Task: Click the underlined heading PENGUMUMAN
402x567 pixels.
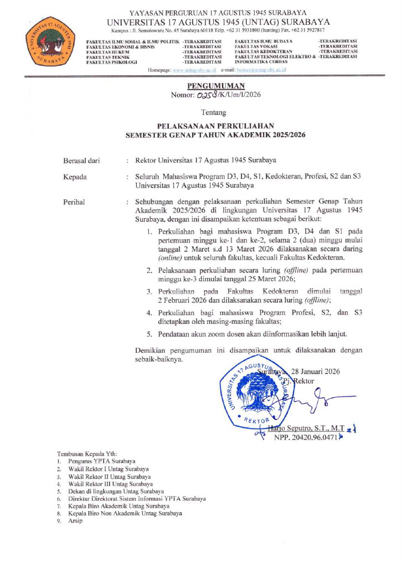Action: pyautogui.click(x=208, y=86)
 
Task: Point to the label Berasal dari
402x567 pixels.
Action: pyautogui.click(x=82, y=161)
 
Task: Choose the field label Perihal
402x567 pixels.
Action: pyautogui.click(x=75, y=202)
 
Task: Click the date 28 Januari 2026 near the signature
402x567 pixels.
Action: pyautogui.click(x=316, y=372)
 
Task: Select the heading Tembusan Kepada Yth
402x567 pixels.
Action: pyautogui.click(x=87, y=454)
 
